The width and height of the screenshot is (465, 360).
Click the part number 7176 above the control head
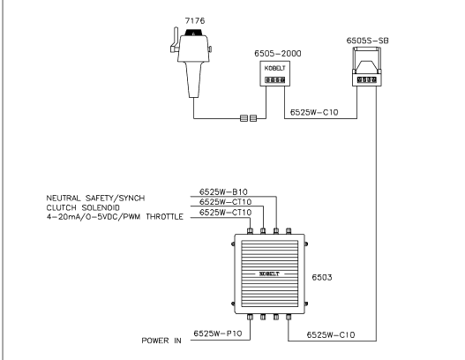195,21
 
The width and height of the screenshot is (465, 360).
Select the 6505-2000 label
278,53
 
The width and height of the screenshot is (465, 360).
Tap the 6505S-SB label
367,41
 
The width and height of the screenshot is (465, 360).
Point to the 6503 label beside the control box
322,277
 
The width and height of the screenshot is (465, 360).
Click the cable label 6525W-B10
223,191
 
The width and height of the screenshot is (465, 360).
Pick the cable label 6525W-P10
218,334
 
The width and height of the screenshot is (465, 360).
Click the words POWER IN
161,341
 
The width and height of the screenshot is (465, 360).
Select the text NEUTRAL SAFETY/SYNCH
95,198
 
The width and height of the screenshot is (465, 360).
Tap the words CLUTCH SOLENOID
83,207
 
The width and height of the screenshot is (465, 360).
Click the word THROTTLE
165,217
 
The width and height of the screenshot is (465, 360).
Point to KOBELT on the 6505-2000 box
275,68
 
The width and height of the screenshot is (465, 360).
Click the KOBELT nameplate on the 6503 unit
269,274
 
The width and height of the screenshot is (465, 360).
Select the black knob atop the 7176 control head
193,33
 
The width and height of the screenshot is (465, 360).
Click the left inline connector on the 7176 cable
244,118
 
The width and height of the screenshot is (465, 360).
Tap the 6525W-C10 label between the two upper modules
314,112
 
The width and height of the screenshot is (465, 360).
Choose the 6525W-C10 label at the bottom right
331,334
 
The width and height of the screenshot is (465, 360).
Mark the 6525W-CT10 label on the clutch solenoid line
225,202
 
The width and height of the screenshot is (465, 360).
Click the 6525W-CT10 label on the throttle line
225,213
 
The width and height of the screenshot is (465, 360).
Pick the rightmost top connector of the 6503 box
289,231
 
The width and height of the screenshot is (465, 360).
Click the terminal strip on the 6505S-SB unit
367,79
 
